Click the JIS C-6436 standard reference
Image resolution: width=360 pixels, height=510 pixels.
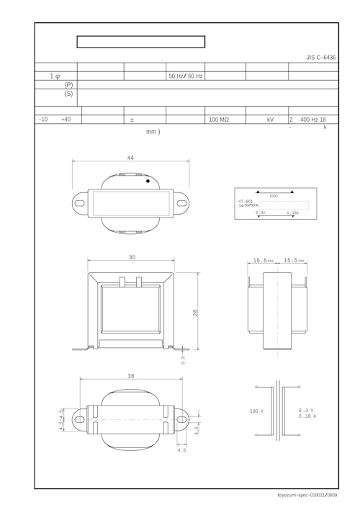click(320, 56)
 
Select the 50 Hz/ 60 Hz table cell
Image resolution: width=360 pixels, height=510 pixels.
click(185, 76)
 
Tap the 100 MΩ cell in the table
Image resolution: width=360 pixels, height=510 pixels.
click(219, 120)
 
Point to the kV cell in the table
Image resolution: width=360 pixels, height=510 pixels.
click(270, 120)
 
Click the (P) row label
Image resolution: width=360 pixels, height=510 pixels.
click(68, 85)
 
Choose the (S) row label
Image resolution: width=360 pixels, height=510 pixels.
click(68, 94)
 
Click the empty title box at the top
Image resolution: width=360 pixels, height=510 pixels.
click(141, 42)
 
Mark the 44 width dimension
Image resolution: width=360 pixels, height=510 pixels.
click(130, 158)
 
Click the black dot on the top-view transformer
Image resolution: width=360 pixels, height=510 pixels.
click(148, 182)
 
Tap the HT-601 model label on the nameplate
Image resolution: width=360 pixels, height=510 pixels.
click(245, 201)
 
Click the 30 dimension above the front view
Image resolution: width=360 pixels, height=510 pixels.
click(132, 258)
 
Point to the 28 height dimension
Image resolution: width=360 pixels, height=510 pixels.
click(195, 312)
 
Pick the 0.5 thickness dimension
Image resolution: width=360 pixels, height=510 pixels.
click(184, 360)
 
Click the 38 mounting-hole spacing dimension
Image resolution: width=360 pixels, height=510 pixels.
click(130, 377)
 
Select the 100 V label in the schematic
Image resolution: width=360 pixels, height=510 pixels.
click(257, 411)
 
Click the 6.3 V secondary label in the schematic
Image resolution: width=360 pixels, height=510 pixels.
click(306, 411)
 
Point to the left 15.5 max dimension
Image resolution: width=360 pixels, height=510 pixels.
click(263, 261)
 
